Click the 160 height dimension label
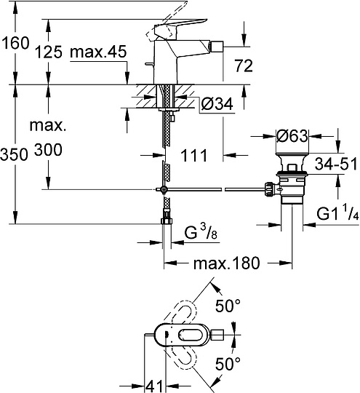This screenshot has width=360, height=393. click(15, 44)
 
